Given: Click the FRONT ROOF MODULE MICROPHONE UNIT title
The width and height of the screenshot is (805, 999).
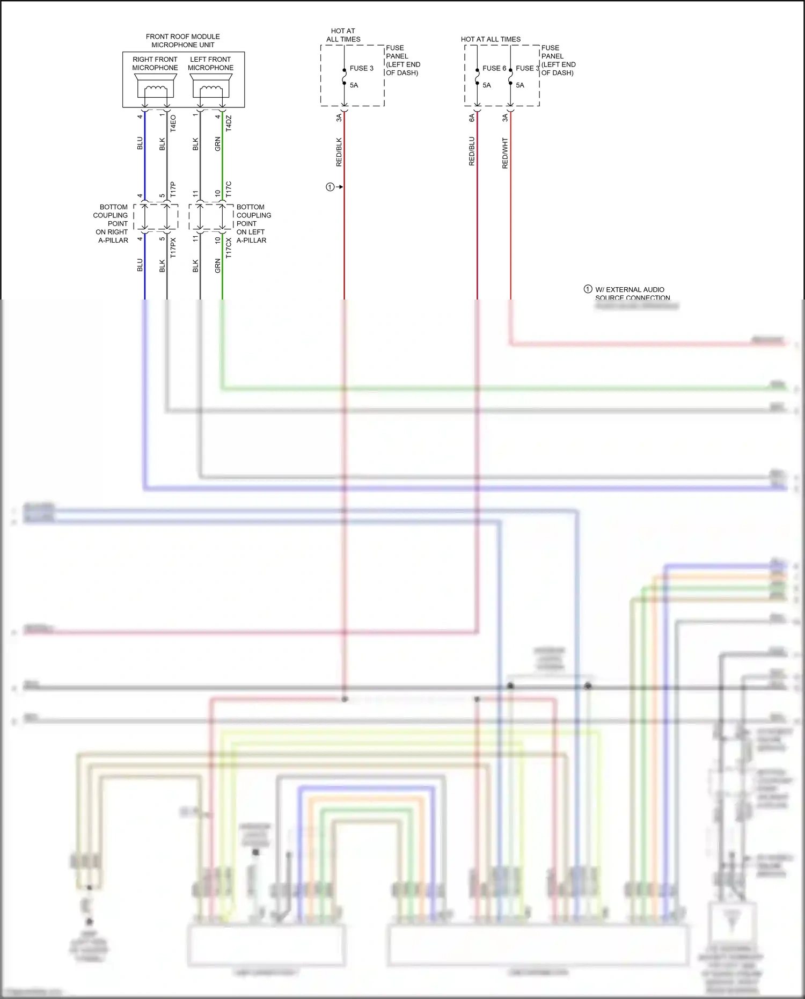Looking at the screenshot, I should (x=182, y=41).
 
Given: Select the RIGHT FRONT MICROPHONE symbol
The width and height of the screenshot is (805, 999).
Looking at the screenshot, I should (x=155, y=86).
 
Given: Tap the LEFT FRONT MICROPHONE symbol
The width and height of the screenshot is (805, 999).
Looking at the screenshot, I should (x=211, y=86).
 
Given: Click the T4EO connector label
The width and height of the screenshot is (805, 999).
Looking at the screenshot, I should (x=173, y=123).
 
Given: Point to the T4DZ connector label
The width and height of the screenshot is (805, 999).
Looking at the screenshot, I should (x=229, y=123).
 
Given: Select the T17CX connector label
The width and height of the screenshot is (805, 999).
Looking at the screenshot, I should (x=229, y=248).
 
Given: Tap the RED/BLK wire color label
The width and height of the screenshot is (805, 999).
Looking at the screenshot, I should (x=339, y=152).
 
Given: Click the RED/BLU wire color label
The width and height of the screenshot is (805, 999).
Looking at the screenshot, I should (x=472, y=151).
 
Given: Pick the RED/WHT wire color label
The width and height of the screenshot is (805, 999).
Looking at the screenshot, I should (x=505, y=153).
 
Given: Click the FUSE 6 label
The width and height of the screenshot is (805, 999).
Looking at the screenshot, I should (x=494, y=68).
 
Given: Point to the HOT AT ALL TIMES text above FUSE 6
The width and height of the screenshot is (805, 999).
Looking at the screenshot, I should (x=491, y=39).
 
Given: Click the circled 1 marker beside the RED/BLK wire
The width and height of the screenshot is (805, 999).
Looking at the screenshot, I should (x=330, y=187).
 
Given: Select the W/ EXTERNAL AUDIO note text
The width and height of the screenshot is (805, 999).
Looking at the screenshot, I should (x=630, y=289).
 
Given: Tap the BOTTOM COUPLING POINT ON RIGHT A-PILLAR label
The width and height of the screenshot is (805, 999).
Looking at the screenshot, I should (x=112, y=223).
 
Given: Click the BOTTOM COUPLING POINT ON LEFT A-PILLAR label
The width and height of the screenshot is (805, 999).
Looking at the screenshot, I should (x=253, y=223).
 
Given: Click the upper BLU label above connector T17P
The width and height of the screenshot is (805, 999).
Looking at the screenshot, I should (x=140, y=143).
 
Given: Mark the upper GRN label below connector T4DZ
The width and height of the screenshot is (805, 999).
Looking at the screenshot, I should (x=218, y=144).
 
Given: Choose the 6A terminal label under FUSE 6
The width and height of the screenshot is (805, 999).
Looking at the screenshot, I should (x=472, y=118).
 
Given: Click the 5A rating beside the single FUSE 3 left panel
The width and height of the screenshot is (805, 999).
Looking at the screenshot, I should (x=354, y=85).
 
